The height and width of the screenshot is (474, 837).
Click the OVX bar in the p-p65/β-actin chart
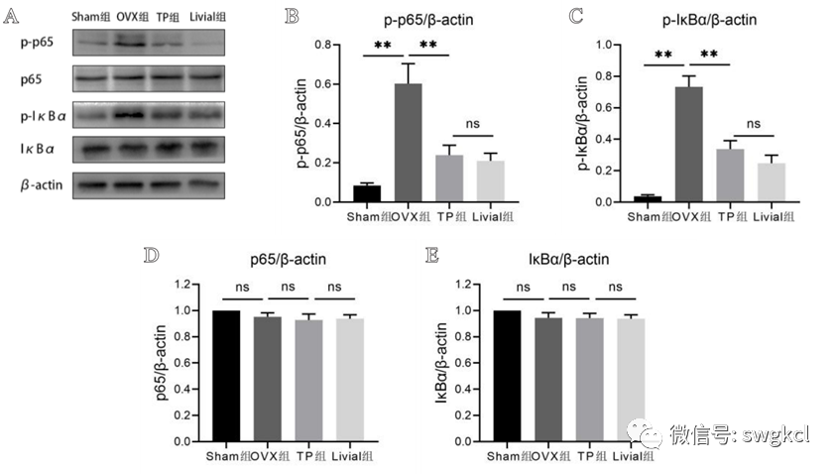pyautogui.click(x=408, y=143)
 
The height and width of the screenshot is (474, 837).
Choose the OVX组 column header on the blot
pyautogui.click(x=132, y=17)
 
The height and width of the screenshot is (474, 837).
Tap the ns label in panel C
pyautogui.click(x=753, y=125)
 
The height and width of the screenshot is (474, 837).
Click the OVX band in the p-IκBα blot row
pyautogui.click(x=132, y=114)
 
